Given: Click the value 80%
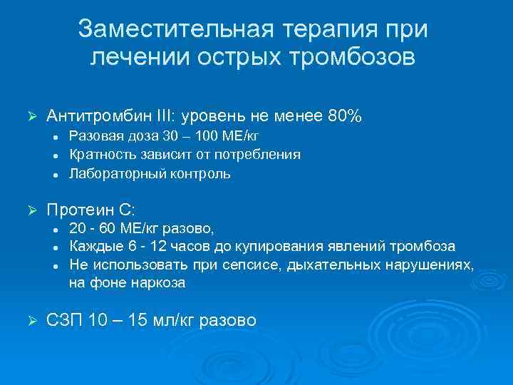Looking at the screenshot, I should pyautogui.click(x=346, y=115).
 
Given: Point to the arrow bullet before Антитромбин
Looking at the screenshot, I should pyautogui.click(x=31, y=115).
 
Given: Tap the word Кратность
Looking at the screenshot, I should pyautogui.click(x=100, y=154).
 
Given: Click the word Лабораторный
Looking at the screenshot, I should pyautogui.click(x=112, y=173).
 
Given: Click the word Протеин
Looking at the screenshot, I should pyautogui.click(x=80, y=210).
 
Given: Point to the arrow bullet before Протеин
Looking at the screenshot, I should pyautogui.click(x=31, y=210).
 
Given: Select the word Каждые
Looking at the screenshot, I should pyautogui.click(x=92, y=247).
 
